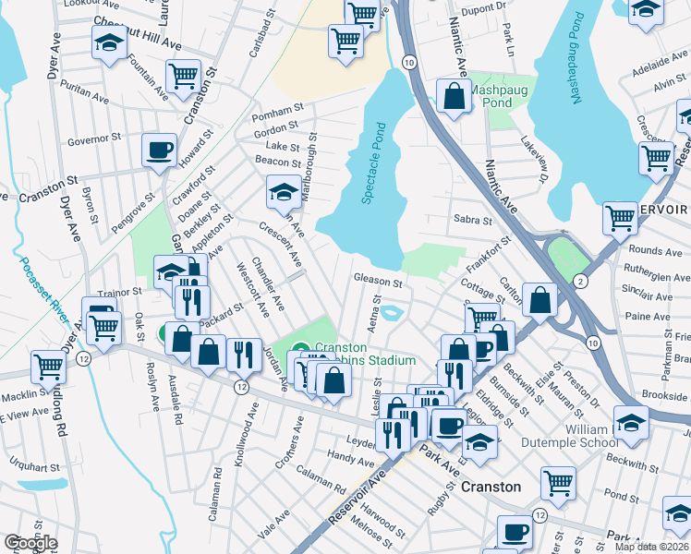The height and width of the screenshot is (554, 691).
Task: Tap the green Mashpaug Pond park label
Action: tap(503, 97)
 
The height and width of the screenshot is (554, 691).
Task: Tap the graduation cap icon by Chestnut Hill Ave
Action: tap(110, 42)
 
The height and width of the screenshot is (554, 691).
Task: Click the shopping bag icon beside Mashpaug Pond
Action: tap(455, 96)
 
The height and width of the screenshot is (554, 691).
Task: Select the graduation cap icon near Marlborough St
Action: tap(284, 191)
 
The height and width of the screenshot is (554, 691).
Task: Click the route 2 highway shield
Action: tap(579, 279)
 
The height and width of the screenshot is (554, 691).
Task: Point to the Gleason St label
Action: tap(378, 280)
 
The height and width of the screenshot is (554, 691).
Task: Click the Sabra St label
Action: tap(473, 220)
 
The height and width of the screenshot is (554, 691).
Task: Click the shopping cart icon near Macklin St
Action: tap(48, 366)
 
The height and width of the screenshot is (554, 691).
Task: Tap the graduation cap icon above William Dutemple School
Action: tap(632, 422)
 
